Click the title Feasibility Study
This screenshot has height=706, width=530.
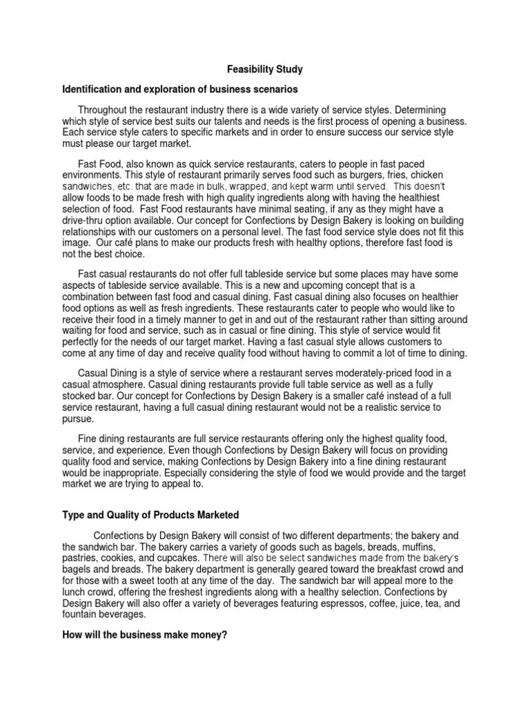[265, 70]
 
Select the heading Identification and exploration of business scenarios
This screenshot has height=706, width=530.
[180, 90]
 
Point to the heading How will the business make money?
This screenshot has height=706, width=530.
[144, 634]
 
